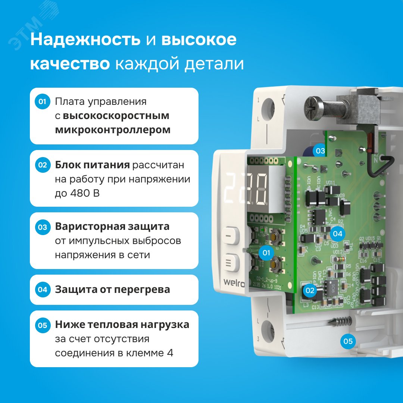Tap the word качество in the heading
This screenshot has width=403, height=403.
pyautogui.click(x=70, y=64)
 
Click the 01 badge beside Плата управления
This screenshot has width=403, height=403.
pyautogui.click(x=42, y=102)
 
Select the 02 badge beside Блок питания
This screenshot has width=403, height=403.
pyautogui.click(x=42, y=165)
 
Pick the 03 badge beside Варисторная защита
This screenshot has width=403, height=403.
pyautogui.click(x=42, y=227)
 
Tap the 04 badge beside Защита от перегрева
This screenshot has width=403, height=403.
pyautogui.click(x=42, y=289)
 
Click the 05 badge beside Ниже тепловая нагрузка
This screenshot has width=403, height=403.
pyautogui.click(x=42, y=325)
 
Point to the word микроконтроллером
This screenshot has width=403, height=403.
pyautogui.click(x=113, y=130)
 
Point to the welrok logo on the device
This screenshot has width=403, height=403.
pyautogui.click(x=234, y=282)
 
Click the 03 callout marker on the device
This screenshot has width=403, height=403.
pyautogui.click(x=320, y=151)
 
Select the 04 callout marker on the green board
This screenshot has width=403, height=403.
pyautogui.click(x=337, y=234)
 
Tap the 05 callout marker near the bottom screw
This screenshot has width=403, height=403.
pyautogui.click(x=348, y=341)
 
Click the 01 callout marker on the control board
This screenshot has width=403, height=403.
pyautogui.click(x=266, y=253)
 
